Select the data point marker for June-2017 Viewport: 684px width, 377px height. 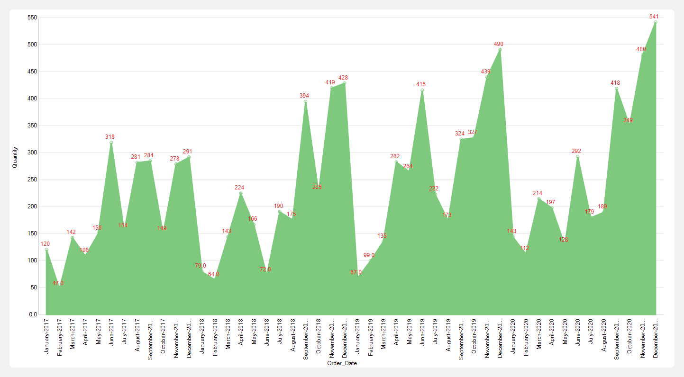click(x=111, y=143)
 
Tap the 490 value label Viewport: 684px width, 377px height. click(x=499, y=44)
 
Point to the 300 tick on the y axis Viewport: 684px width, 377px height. click(x=32, y=153)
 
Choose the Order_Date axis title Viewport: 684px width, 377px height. click(x=342, y=363)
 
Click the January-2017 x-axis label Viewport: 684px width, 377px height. click(x=46, y=335)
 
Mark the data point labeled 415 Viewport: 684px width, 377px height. click(x=422, y=90)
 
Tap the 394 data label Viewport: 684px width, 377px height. click(x=304, y=96)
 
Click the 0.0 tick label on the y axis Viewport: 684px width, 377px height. click(x=33, y=314)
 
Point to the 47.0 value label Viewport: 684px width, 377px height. click(x=58, y=283)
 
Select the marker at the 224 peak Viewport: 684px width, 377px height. click(x=241, y=193)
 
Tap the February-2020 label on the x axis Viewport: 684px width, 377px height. click(x=526, y=335)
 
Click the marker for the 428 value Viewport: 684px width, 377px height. click(x=344, y=83)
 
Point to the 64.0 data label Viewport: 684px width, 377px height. click(x=213, y=274)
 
